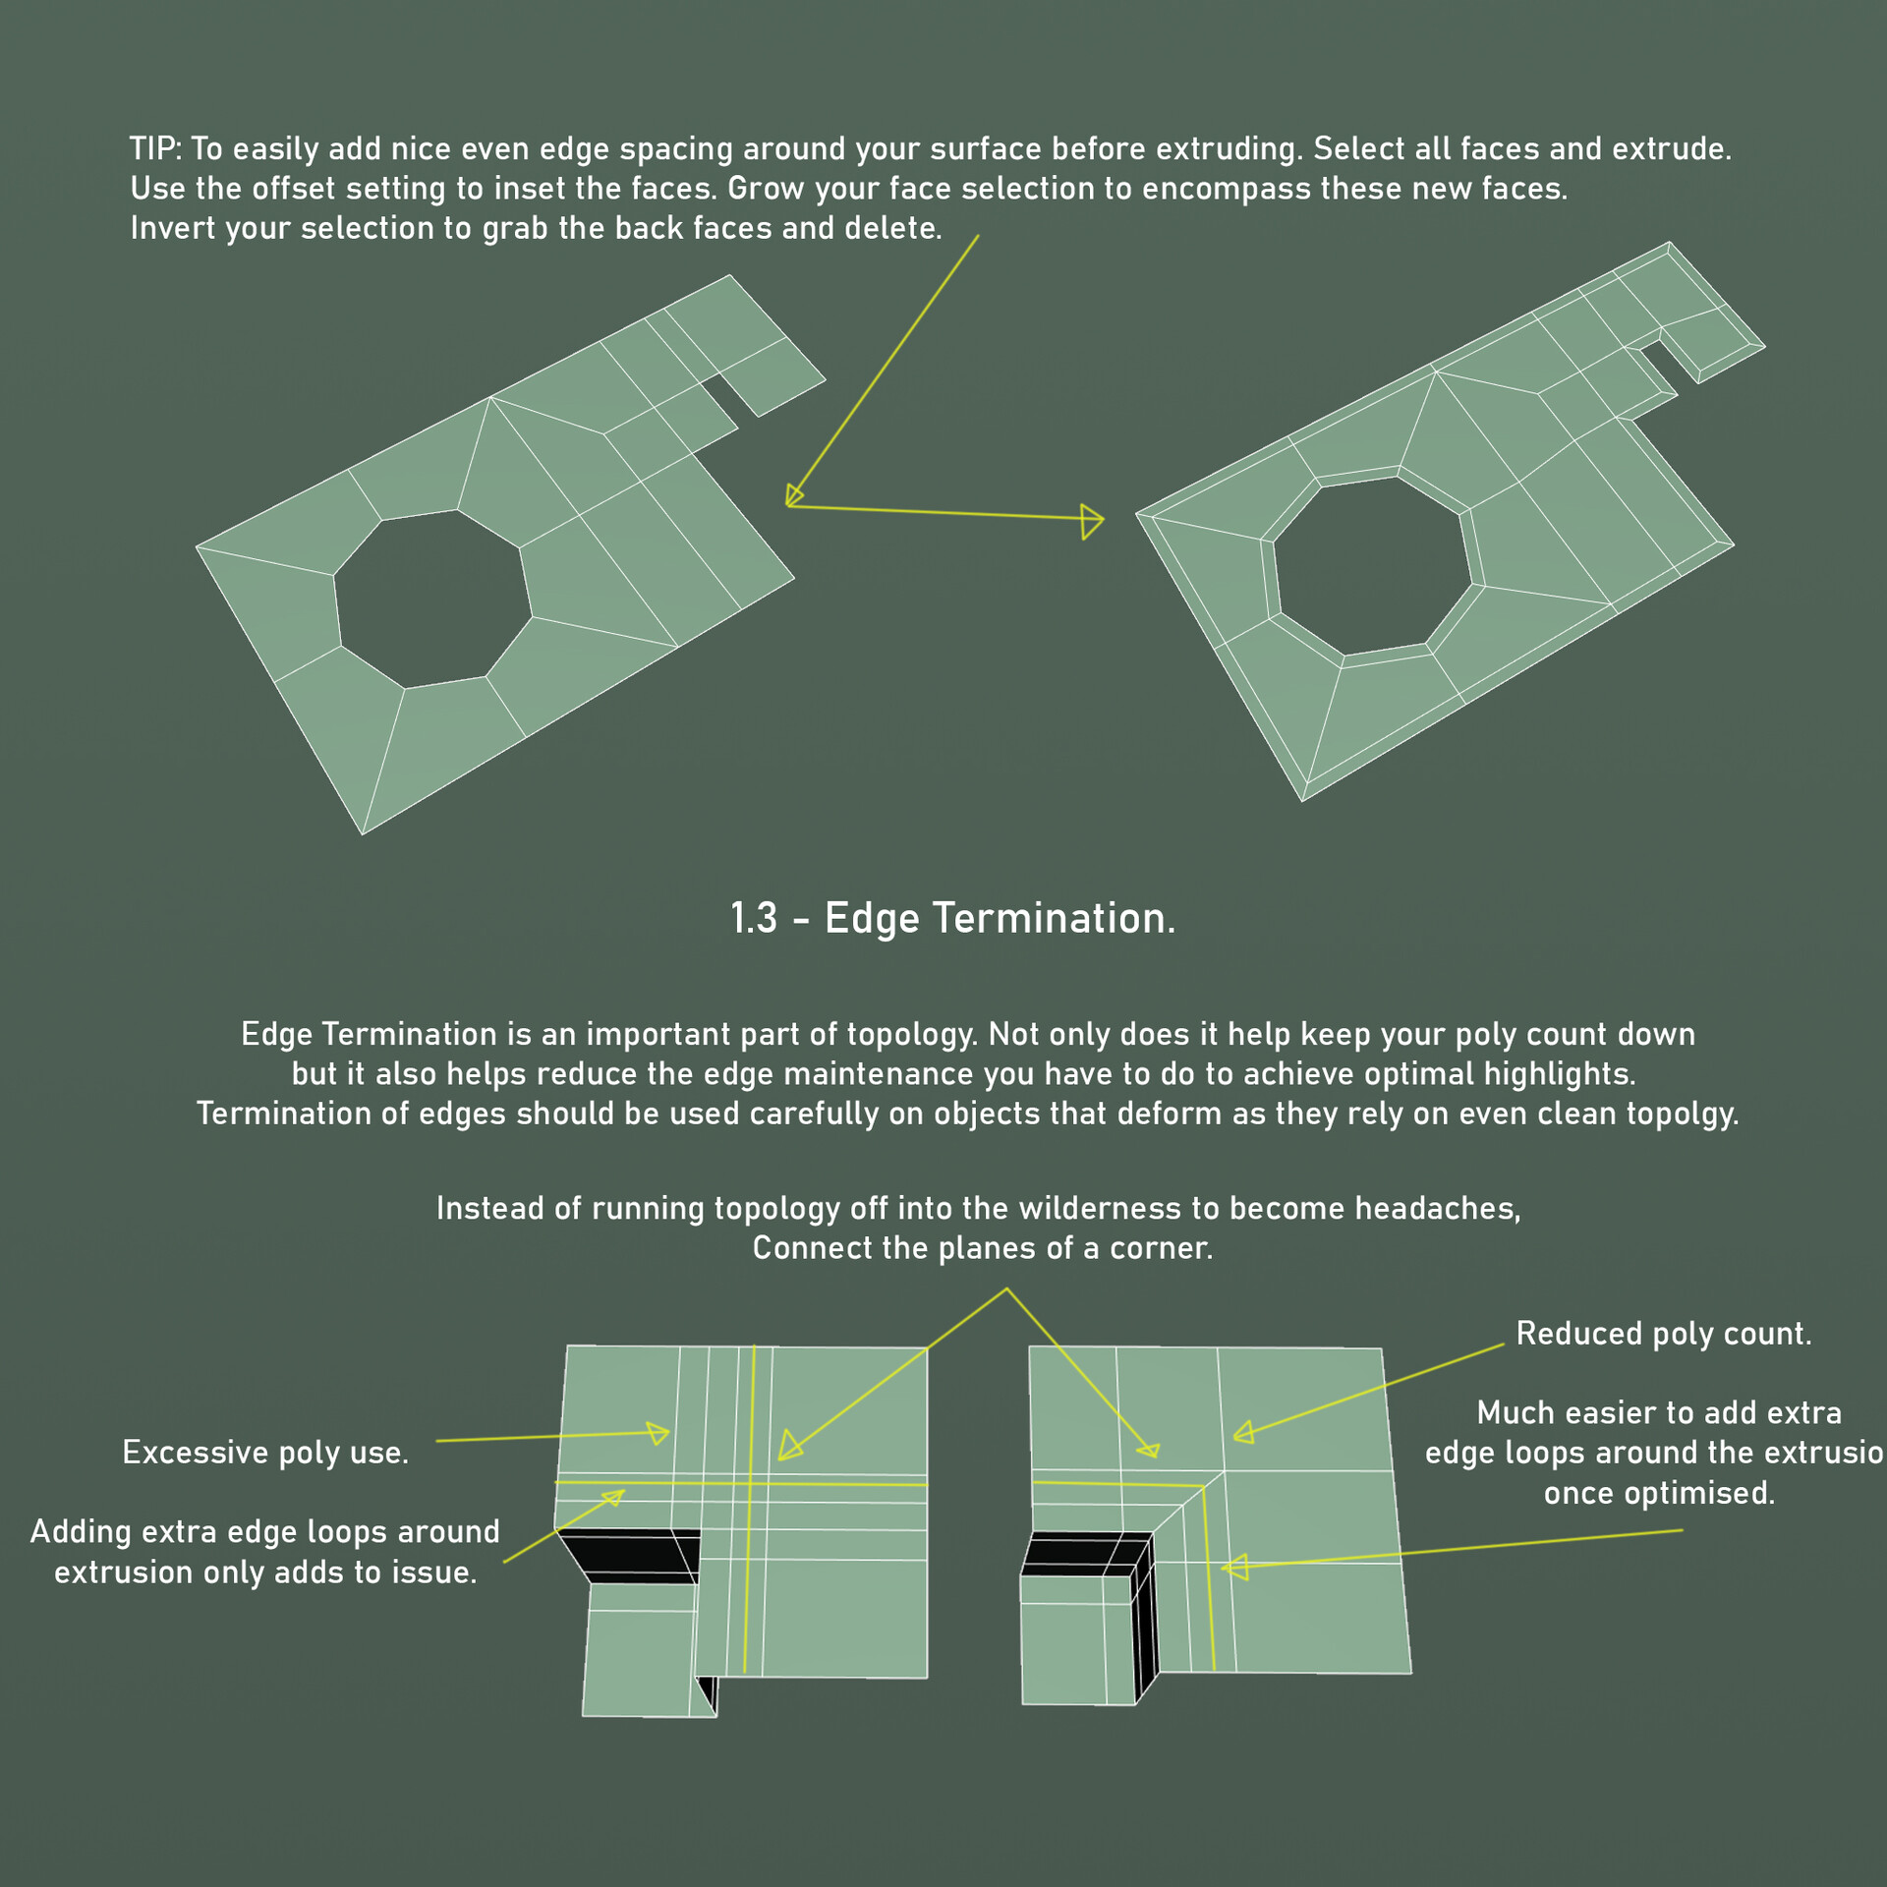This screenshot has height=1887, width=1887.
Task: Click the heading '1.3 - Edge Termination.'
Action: pyautogui.click(x=952, y=918)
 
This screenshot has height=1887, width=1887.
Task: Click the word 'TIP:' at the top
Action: pyautogui.click(x=155, y=148)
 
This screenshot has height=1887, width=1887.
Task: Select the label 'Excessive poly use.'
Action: pyautogui.click(x=265, y=1452)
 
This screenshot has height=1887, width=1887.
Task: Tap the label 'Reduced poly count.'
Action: pyautogui.click(x=1663, y=1333)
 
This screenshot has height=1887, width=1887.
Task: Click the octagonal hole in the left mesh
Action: pyautogui.click(x=432, y=600)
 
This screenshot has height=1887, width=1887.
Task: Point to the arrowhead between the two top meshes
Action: pyautogui.click(x=1091, y=521)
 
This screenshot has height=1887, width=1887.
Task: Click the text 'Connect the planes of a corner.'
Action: pyautogui.click(x=982, y=1247)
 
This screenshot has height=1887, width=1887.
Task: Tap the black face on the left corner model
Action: pyautogui.click(x=629, y=1554)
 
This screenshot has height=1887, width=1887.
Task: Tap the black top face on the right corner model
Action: pyautogui.click(x=1081, y=1553)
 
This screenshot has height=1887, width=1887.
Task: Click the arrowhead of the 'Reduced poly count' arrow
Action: pyautogui.click(x=1243, y=1433)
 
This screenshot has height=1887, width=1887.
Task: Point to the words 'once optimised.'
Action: pyautogui.click(x=1659, y=1492)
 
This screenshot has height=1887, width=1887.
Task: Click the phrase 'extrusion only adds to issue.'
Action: pyautogui.click(x=265, y=1572)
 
